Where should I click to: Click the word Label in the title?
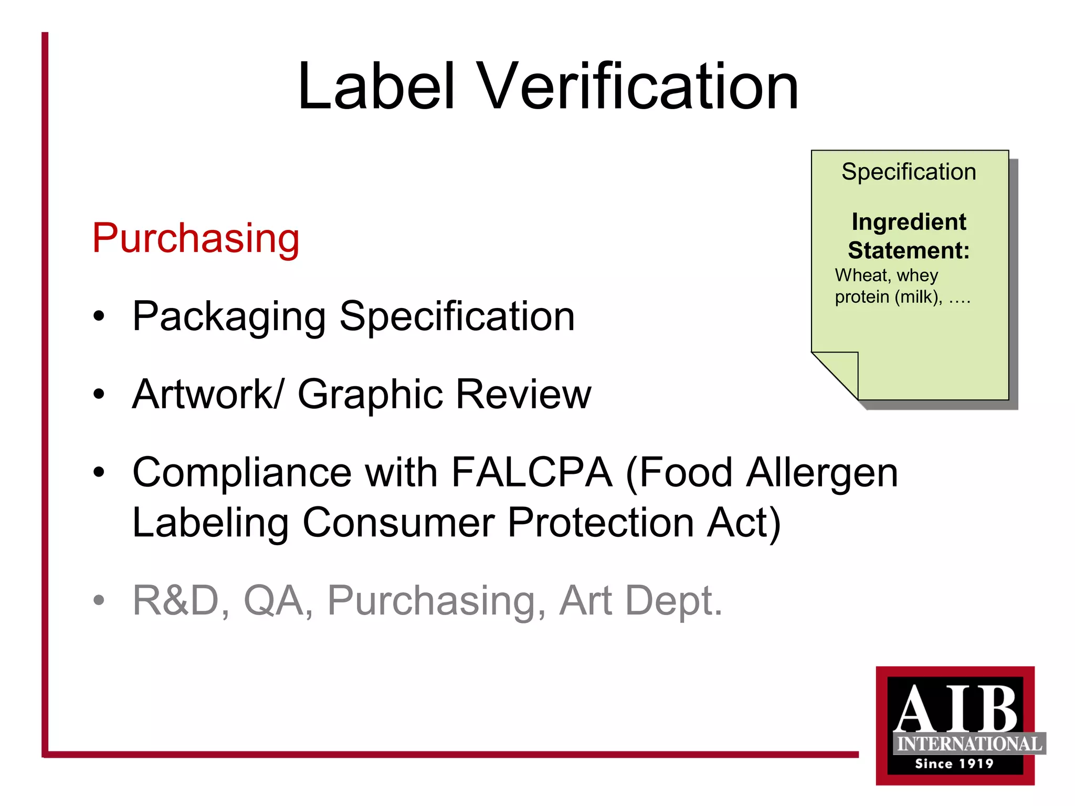click(375, 87)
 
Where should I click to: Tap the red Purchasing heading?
click(196, 239)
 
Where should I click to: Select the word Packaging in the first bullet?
click(229, 317)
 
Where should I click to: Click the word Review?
click(523, 394)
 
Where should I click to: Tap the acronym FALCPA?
click(531, 473)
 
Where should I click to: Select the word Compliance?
click(242, 473)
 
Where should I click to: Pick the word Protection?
click(600, 523)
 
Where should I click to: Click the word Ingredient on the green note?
click(909, 222)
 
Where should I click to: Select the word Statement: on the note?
click(909, 250)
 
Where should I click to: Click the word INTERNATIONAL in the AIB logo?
click(969, 744)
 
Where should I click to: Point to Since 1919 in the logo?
click(954, 764)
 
